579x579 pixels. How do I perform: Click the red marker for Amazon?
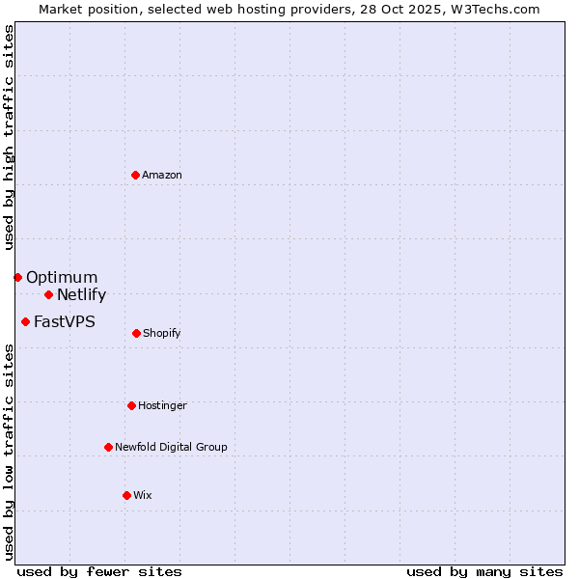pyautogui.click(x=136, y=175)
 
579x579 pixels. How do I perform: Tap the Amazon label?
pyautogui.click(x=162, y=176)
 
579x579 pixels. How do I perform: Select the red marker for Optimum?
pyautogui.click(x=17, y=278)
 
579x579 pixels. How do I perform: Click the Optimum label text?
pyautogui.click(x=62, y=278)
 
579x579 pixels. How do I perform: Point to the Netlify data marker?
pyautogui.click(x=48, y=294)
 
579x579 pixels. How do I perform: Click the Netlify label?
pyautogui.click(x=81, y=295)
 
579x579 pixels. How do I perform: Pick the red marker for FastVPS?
pyautogui.click(x=25, y=321)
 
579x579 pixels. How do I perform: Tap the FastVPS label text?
pyautogui.click(x=65, y=322)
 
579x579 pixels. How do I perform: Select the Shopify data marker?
pyautogui.click(x=136, y=333)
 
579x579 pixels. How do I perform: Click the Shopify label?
pyautogui.click(x=162, y=334)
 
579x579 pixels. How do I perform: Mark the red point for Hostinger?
pyautogui.click(x=131, y=405)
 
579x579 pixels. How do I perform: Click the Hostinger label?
pyautogui.click(x=162, y=406)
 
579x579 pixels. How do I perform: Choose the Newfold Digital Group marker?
pyautogui.click(x=108, y=447)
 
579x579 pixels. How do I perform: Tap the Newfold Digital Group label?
pyautogui.click(x=171, y=448)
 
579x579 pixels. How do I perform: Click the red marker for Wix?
pyautogui.click(x=126, y=495)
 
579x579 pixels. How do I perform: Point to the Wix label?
pyautogui.click(x=143, y=496)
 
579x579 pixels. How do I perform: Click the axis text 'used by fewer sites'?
pyautogui.click(x=99, y=572)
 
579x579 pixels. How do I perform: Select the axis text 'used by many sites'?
pyautogui.click(x=484, y=572)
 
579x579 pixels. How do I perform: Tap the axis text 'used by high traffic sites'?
pyautogui.click(x=9, y=137)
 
